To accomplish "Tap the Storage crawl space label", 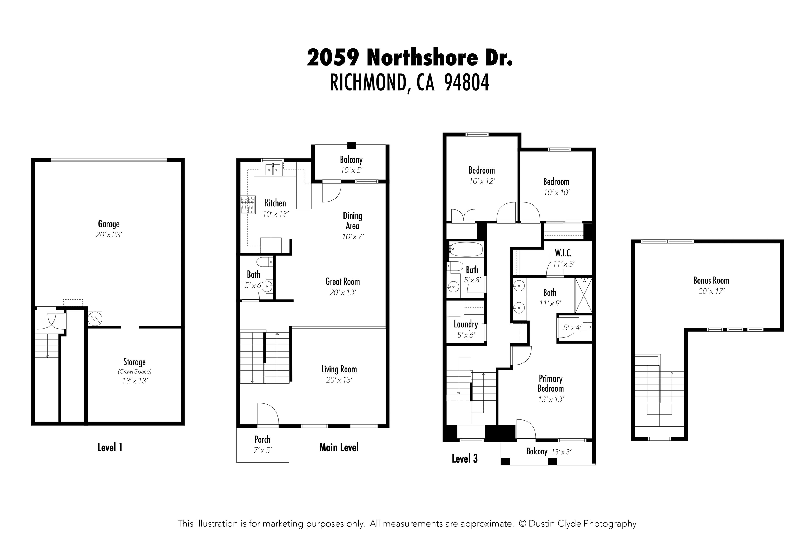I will point(134,362).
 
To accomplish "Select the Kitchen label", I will point(275,203).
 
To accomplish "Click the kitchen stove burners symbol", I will point(248,205).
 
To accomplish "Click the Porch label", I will point(262,439).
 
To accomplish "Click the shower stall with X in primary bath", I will point(583,295).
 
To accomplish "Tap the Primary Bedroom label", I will point(550,383).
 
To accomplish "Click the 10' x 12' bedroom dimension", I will point(482,181).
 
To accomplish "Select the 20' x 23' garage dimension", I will point(109,235).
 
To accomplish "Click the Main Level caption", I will point(339,447).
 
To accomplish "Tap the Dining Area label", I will point(352,221).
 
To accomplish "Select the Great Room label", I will point(342,282).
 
